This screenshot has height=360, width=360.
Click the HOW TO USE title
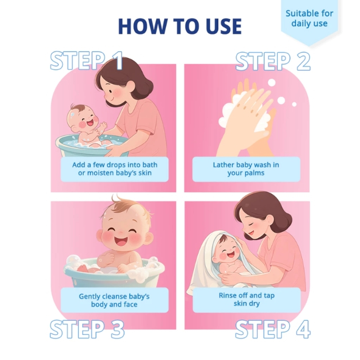[180, 26]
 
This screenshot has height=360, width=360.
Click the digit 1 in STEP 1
[118, 61]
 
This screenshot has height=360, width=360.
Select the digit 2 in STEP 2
[304, 61]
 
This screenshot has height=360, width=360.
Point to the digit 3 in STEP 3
[118, 329]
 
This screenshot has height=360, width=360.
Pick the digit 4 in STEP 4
[303, 329]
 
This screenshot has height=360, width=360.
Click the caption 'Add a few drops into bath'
[115, 165]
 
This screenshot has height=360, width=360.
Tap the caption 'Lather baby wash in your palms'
[246, 169]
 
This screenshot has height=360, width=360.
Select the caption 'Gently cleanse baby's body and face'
[114, 300]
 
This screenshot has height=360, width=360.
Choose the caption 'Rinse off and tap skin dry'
[246, 299]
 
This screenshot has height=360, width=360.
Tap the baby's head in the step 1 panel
[83, 118]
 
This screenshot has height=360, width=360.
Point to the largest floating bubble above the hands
[272, 83]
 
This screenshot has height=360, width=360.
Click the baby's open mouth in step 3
[121, 241]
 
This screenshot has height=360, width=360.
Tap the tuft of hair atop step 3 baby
[118, 199]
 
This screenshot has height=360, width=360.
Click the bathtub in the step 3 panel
[114, 273]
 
